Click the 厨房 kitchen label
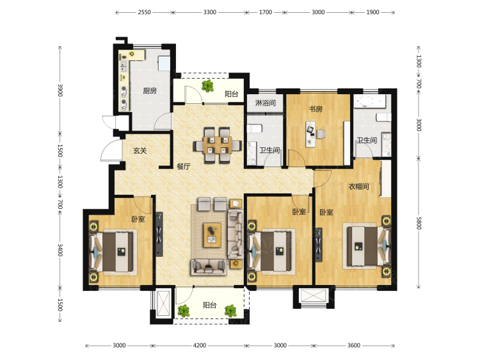click(150, 91)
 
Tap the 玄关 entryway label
click(140, 151)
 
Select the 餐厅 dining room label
click(184, 167)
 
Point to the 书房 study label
click(316, 109)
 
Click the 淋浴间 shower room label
click(266, 102)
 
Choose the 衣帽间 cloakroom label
click(358, 186)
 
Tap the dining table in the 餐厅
click(217, 145)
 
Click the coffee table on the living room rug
click(212, 235)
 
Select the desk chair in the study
click(321, 134)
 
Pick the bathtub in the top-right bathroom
click(369, 101)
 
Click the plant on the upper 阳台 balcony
click(208, 86)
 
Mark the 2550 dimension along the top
click(144, 12)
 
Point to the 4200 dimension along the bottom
click(199, 346)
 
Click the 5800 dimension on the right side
click(419, 223)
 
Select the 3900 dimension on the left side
click(60, 90)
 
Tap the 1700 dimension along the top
click(266, 12)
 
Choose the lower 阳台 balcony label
click(210, 305)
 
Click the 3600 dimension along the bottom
click(353, 346)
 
